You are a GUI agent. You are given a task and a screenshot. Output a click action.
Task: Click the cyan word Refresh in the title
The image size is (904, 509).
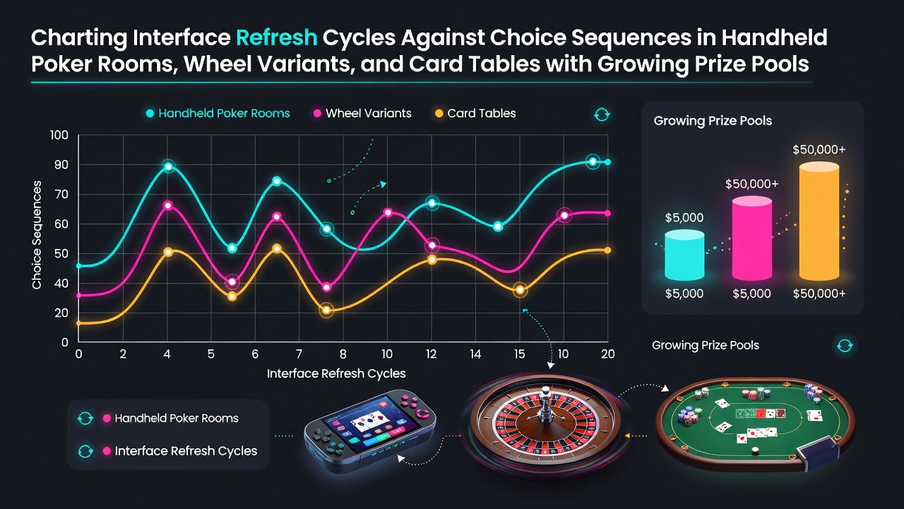pyautogui.click(x=276, y=37)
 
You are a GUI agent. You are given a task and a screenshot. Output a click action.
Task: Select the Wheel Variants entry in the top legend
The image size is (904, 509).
pyautogui.click(x=362, y=113)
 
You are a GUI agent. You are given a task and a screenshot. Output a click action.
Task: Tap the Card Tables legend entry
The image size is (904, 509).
pyautogui.click(x=475, y=113)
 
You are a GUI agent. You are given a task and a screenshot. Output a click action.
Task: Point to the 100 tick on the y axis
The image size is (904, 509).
pyautogui.click(x=59, y=135)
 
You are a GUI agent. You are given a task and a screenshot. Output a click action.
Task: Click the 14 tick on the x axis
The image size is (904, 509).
pyautogui.click(x=475, y=354)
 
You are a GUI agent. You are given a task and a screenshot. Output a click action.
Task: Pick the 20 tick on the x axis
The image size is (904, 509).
pyautogui.click(x=608, y=354)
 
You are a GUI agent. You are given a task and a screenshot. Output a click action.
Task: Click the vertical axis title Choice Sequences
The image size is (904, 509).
pyautogui.click(x=37, y=235)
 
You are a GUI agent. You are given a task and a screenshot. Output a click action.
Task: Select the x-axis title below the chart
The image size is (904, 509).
pyautogui.click(x=336, y=373)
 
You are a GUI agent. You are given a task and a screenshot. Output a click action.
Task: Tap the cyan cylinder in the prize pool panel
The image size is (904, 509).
pyautogui.click(x=684, y=255)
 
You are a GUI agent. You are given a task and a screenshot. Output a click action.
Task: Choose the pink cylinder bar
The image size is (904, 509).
pyautogui.click(x=752, y=238)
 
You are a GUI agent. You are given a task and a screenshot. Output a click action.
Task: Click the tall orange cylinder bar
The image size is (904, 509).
pyautogui.click(x=819, y=221)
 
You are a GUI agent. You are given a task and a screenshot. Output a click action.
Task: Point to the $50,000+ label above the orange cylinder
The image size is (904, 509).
pyautogui.click(x=819, y=149)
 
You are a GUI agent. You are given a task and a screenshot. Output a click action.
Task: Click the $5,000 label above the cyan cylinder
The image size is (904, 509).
pyautogui.click(x=684, y=218)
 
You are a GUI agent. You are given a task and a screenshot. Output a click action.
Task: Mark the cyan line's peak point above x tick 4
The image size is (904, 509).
pyautogui.click(x=169, y=166)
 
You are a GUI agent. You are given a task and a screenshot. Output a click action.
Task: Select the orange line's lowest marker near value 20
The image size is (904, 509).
pyautogui.click(x=326, y=310)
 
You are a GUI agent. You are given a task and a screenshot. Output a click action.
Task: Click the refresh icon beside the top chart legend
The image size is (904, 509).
pyautogui.click(x=602, y=115)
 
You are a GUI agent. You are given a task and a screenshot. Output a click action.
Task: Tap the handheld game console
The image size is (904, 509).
pyautogui.click(x=370, y=431)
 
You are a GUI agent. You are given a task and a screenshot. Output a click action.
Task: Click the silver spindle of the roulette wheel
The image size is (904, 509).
pyautogui.click(x=545, y=404)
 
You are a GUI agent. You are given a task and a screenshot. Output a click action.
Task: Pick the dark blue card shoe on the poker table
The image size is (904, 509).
pyautogui.click(x=819, y=452)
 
